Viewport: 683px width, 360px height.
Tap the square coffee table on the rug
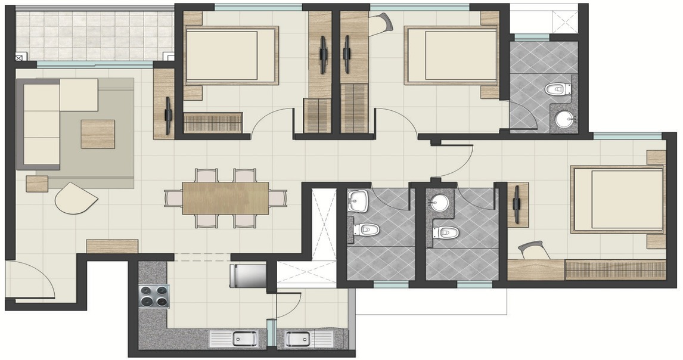pyautogui.click(x=98, y=134)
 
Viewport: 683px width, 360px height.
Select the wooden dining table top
pyautogui.click(x=225, y=198)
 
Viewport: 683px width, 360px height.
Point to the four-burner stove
pyautogui.click(x=154, y=296)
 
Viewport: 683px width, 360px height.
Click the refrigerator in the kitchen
pyautogui.click(x=247, y=275)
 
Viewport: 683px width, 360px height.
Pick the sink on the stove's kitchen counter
pyautogui.click(x=244, y=339)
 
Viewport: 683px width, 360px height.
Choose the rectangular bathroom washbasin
pyautogui.click(x=358, y=200)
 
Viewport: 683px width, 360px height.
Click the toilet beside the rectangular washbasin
pyautogui.click(x=366, y=229)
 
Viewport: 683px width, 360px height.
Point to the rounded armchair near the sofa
pyautogui.click(x=74, y=199)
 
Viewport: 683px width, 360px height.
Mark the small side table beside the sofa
pyautogui.click(x=36, y=184)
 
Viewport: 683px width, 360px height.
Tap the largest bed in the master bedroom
pyautogui.click(x=617, y=200)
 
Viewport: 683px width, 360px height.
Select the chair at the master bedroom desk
pyautogui.click(x=535, y=250)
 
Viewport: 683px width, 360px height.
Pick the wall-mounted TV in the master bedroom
pyautogui.click(x=517, y=204)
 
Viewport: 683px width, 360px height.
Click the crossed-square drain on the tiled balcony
pyautogui.click(x=19, y=58)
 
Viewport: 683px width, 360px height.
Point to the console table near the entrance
pyautogui.click(x=112, y=246)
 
